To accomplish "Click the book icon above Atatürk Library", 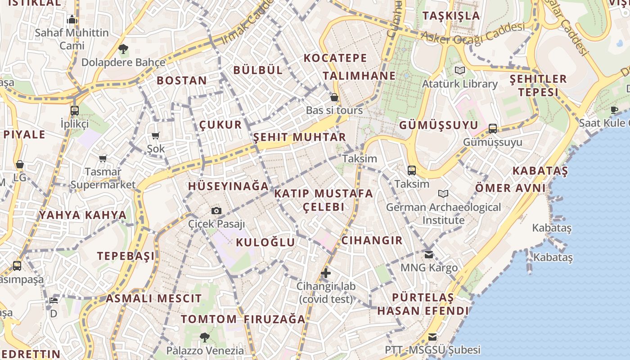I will tap(459, 70).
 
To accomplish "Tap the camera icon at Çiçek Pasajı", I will tap(216, 211).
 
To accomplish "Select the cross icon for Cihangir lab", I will tap(326, 273).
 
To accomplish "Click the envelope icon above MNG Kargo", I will tap(428, 255).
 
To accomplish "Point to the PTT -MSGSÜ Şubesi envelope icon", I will tap(432, 337).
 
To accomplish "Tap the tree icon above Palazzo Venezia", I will tap(205, 337).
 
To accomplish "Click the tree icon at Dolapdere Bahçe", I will tap(123, 49).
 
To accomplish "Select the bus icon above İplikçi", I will tap(75, 110).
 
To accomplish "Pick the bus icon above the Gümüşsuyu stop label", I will tap(493, 129).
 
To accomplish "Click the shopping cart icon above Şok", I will tap(156, 135).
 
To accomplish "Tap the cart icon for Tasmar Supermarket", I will tap(103, 158).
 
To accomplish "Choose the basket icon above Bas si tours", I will tap(334, 97).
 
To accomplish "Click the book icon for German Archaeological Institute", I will tap(443, 193).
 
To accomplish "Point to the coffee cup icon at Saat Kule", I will tap(614, 110).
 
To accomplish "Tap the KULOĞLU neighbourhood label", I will tap(265, 242).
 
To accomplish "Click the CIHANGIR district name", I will tap(372, 240).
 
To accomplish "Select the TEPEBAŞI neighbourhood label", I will tap(126, 256).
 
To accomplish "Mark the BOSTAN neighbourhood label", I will tap(182, 81).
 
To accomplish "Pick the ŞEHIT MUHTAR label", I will tap(300, 137).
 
